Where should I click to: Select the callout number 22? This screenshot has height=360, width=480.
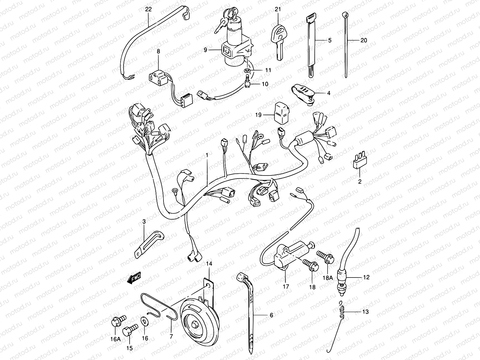coord(148,9)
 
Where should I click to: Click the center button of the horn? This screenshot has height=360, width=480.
coord(195,324)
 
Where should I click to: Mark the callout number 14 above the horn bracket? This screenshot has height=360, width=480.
coord(209,264)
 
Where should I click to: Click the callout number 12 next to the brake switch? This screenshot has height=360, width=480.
coord(366,277)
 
